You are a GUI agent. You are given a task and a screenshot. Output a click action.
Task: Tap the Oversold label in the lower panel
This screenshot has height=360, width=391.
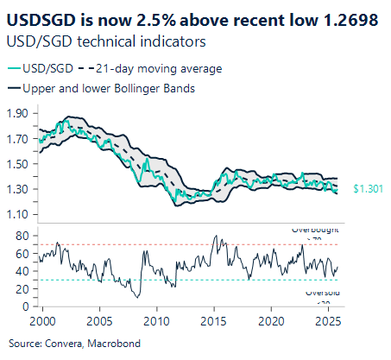tap(320, 294)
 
